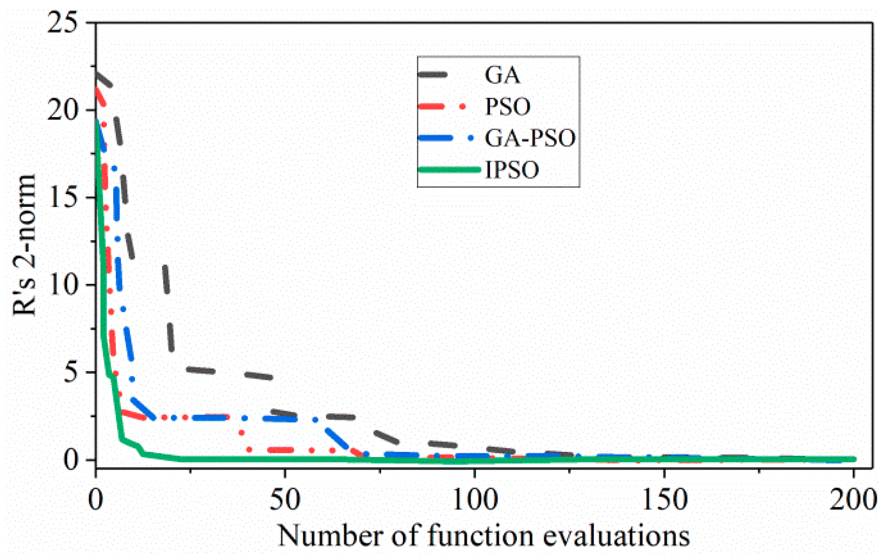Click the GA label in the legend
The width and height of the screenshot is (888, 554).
coord(502,75)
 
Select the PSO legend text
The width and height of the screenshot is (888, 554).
coord(507,107)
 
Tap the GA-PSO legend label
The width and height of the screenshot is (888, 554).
coord(530,138)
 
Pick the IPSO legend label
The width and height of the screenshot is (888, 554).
coord(512,170)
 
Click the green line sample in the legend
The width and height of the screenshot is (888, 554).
coord(449,170)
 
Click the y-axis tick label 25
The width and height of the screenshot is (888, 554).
coord(63,23)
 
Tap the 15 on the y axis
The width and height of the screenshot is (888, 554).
coord(63,197)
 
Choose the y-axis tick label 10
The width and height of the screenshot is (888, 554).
coord(63,284)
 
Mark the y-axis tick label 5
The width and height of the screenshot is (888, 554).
coord(72,372)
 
